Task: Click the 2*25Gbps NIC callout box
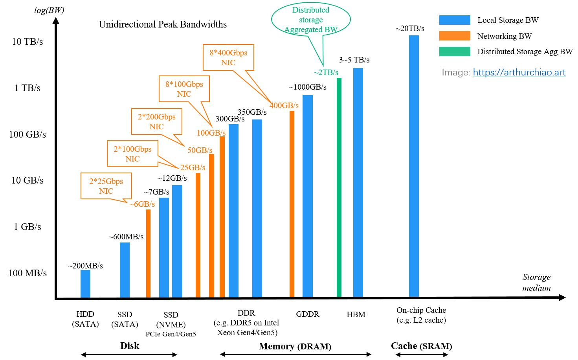click(x=106, y=186)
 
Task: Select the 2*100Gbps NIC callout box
click(x=132, y=154)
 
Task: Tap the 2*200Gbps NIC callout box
click(x=156, y=121)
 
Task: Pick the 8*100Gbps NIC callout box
click(x=184, y=89)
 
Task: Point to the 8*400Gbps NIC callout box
click(x=228, y=57)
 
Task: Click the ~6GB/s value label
click(x=142, y=204)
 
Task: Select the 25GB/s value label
click(x=193, y=167)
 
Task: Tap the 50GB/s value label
click(x=200, y=150)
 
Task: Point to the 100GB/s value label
click(x=211, y=133)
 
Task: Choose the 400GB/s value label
click(x=284, y=105)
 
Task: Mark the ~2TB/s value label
click(x=326, y=72)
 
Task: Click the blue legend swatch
click(x=455, y=20)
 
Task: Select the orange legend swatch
click(x=455, y=36)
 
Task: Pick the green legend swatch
click(x=455, y=51)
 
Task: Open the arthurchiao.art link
click(x=519, y=72)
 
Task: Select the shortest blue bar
click(x=85, y=283)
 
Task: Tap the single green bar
click(x=339, y=187)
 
